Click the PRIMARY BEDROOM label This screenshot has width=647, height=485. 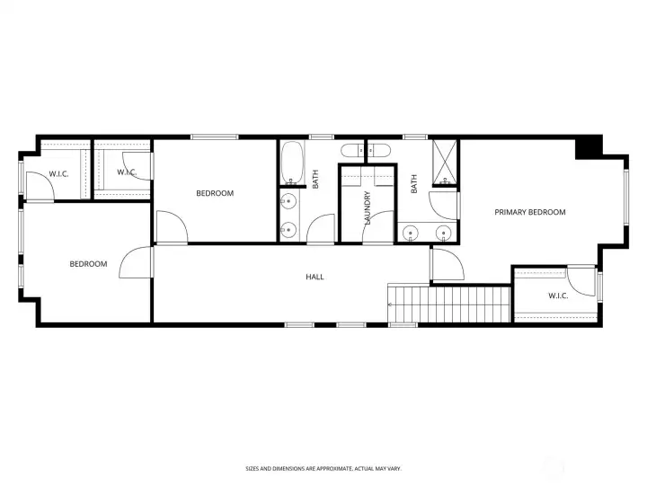click(x=530, y=213)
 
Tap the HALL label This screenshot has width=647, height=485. click(x=315, y=277)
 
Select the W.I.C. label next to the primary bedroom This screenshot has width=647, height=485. click(x=558, y=295)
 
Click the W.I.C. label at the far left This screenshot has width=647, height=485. click(x=58, y=173)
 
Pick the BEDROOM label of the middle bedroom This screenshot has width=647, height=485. click(x=215, y=193)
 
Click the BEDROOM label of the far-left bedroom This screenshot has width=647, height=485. click(x=89, y=264)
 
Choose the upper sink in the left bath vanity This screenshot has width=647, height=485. click(x=289, y=200)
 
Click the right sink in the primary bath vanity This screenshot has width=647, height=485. click(x=442, y=234)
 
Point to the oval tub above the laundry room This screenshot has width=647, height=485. click(x=366, y=150)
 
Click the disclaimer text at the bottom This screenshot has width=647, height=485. click(x=323, y=468)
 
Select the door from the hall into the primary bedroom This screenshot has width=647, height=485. click(x=444, y=264)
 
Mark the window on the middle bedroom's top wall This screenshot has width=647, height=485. click(x=214, y=137)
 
